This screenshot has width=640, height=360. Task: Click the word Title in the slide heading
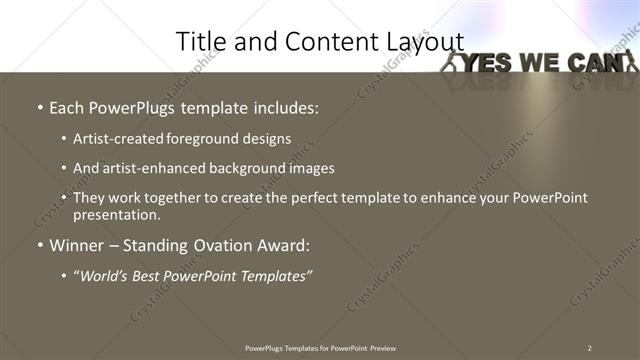click(199, 41)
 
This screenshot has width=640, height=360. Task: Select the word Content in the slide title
click(321, 41)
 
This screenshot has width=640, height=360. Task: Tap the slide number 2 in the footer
click(589, 347)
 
